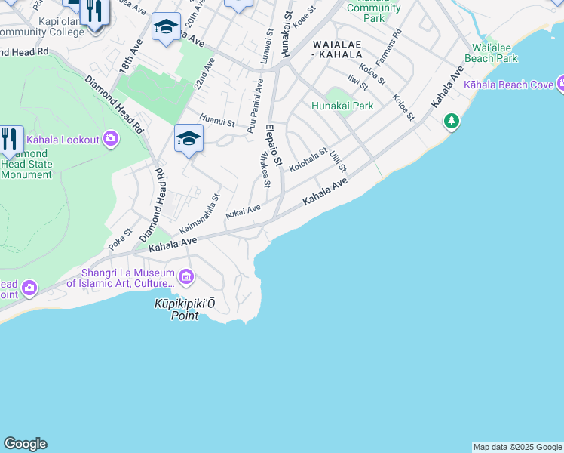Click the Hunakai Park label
(342, 106)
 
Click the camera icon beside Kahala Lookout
(112, 139)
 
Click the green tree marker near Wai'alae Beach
(452, 121)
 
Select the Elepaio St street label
(273, 146)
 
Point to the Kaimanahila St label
(199, 214)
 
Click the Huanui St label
(217, 121)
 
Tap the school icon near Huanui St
(188, 137)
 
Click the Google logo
(25, 444)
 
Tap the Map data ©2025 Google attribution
(517, 447)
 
